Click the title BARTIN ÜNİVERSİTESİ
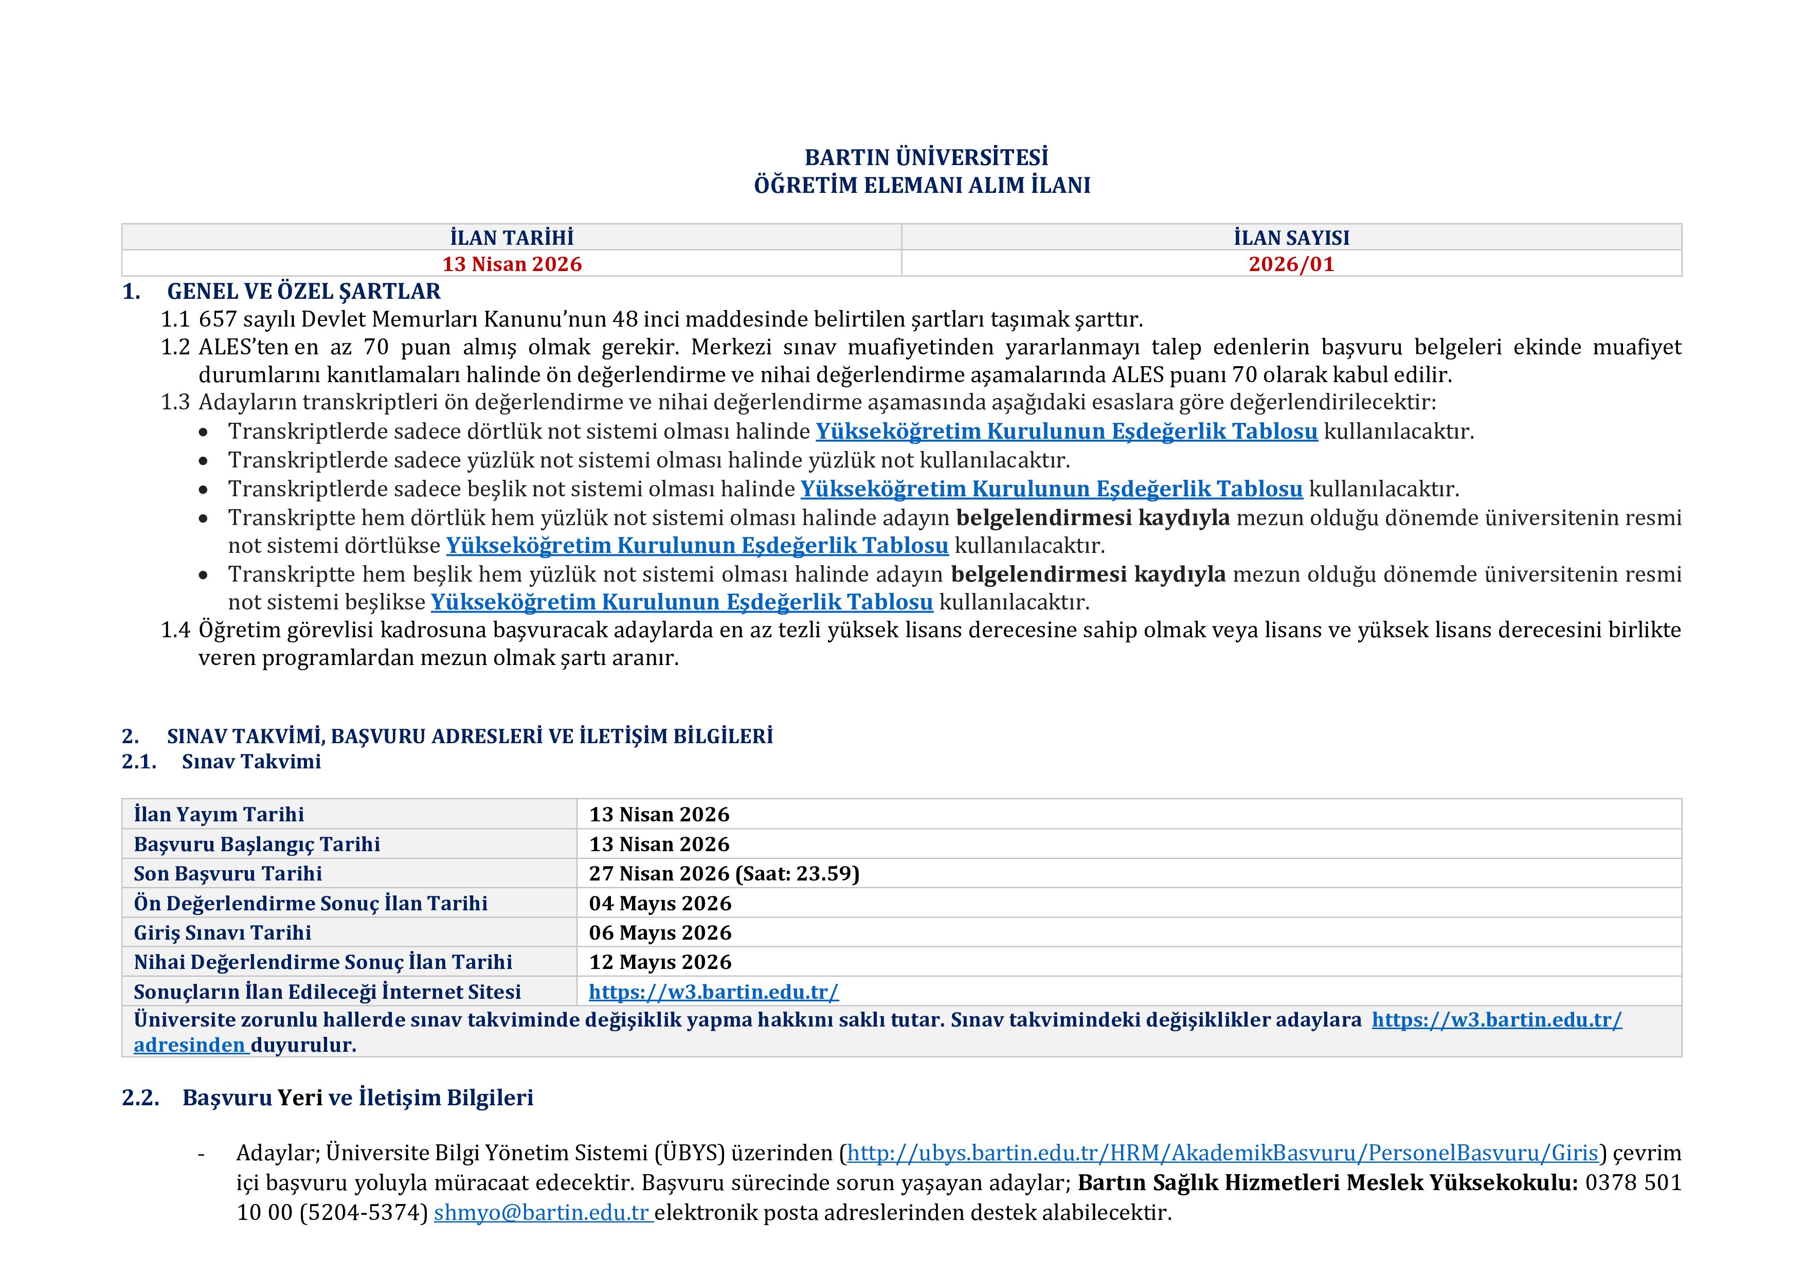(926, 157)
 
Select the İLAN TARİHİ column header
(512, 237)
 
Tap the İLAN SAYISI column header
(1291, 237)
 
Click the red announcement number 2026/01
(1291, 264)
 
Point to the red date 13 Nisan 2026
(512, 264)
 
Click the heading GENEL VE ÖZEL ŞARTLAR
(303, 292)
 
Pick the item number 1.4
(175, 630)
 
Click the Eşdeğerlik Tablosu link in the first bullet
(1066, 432)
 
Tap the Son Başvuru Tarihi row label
(228, 874)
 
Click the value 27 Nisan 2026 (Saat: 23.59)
(724, 874)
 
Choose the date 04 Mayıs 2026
(660, 904)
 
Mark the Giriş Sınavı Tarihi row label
(222, 932)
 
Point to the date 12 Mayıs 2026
(660, 962)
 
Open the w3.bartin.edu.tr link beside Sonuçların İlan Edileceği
(713, 992)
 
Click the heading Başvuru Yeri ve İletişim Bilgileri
(357, 1098)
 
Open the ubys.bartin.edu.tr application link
(1222, 1154)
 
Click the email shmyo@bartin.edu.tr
(542, 1212)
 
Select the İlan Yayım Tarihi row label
(219, 815)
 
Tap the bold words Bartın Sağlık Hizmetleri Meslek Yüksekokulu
(1327, 1182)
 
